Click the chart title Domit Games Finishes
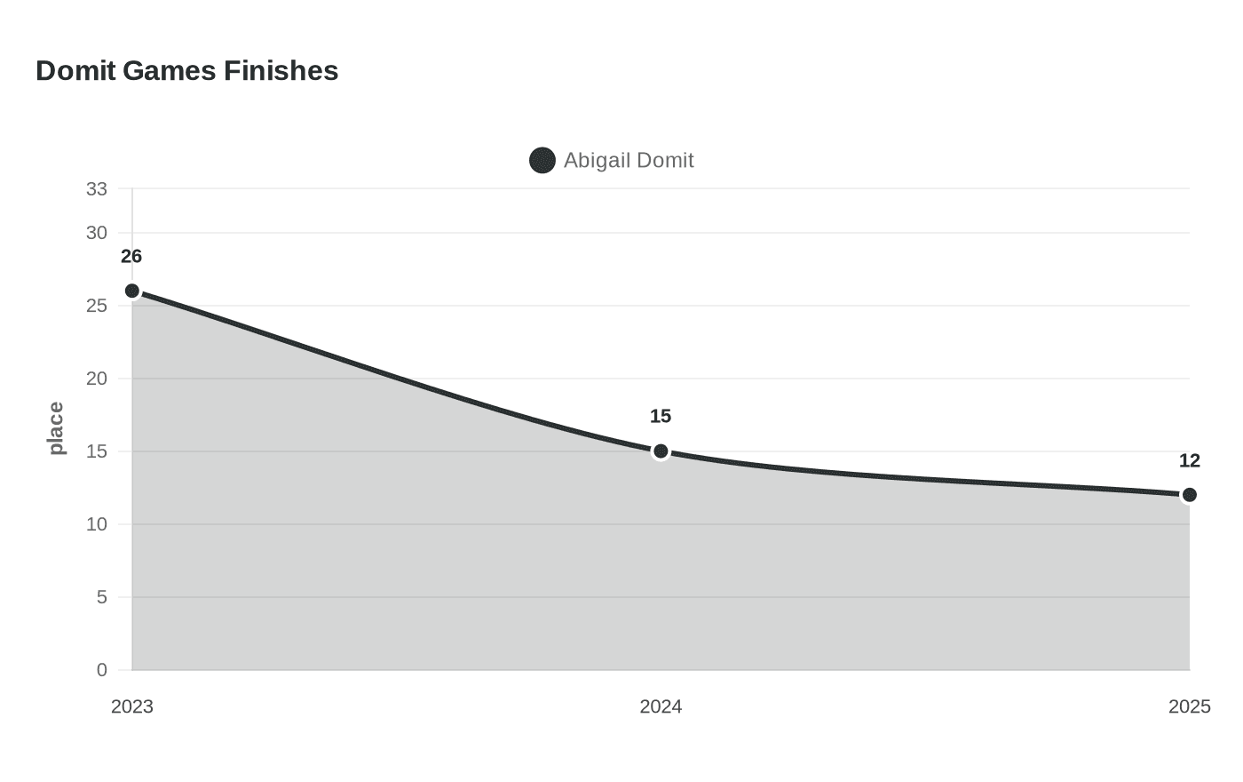[187, 71]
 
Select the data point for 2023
[132, 291]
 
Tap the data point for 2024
[661, 451]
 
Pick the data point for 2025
[1189, 495]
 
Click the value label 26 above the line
[131, 257]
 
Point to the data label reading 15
[661, 416]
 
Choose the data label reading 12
[1189, 460]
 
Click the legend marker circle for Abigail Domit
[542, 161]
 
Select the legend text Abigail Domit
[629, 161]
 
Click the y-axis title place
[56, 428]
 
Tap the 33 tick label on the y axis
[97, 189]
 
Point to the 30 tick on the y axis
[97, 233]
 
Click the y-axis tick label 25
[97, 306]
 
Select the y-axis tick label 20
[97, 379]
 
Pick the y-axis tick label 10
[97, 524]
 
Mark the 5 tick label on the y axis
[101, 597]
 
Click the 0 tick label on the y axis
[101, 670]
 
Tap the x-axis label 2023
[132, 707]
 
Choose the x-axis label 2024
[661, 707]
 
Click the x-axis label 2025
[1189, 707]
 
